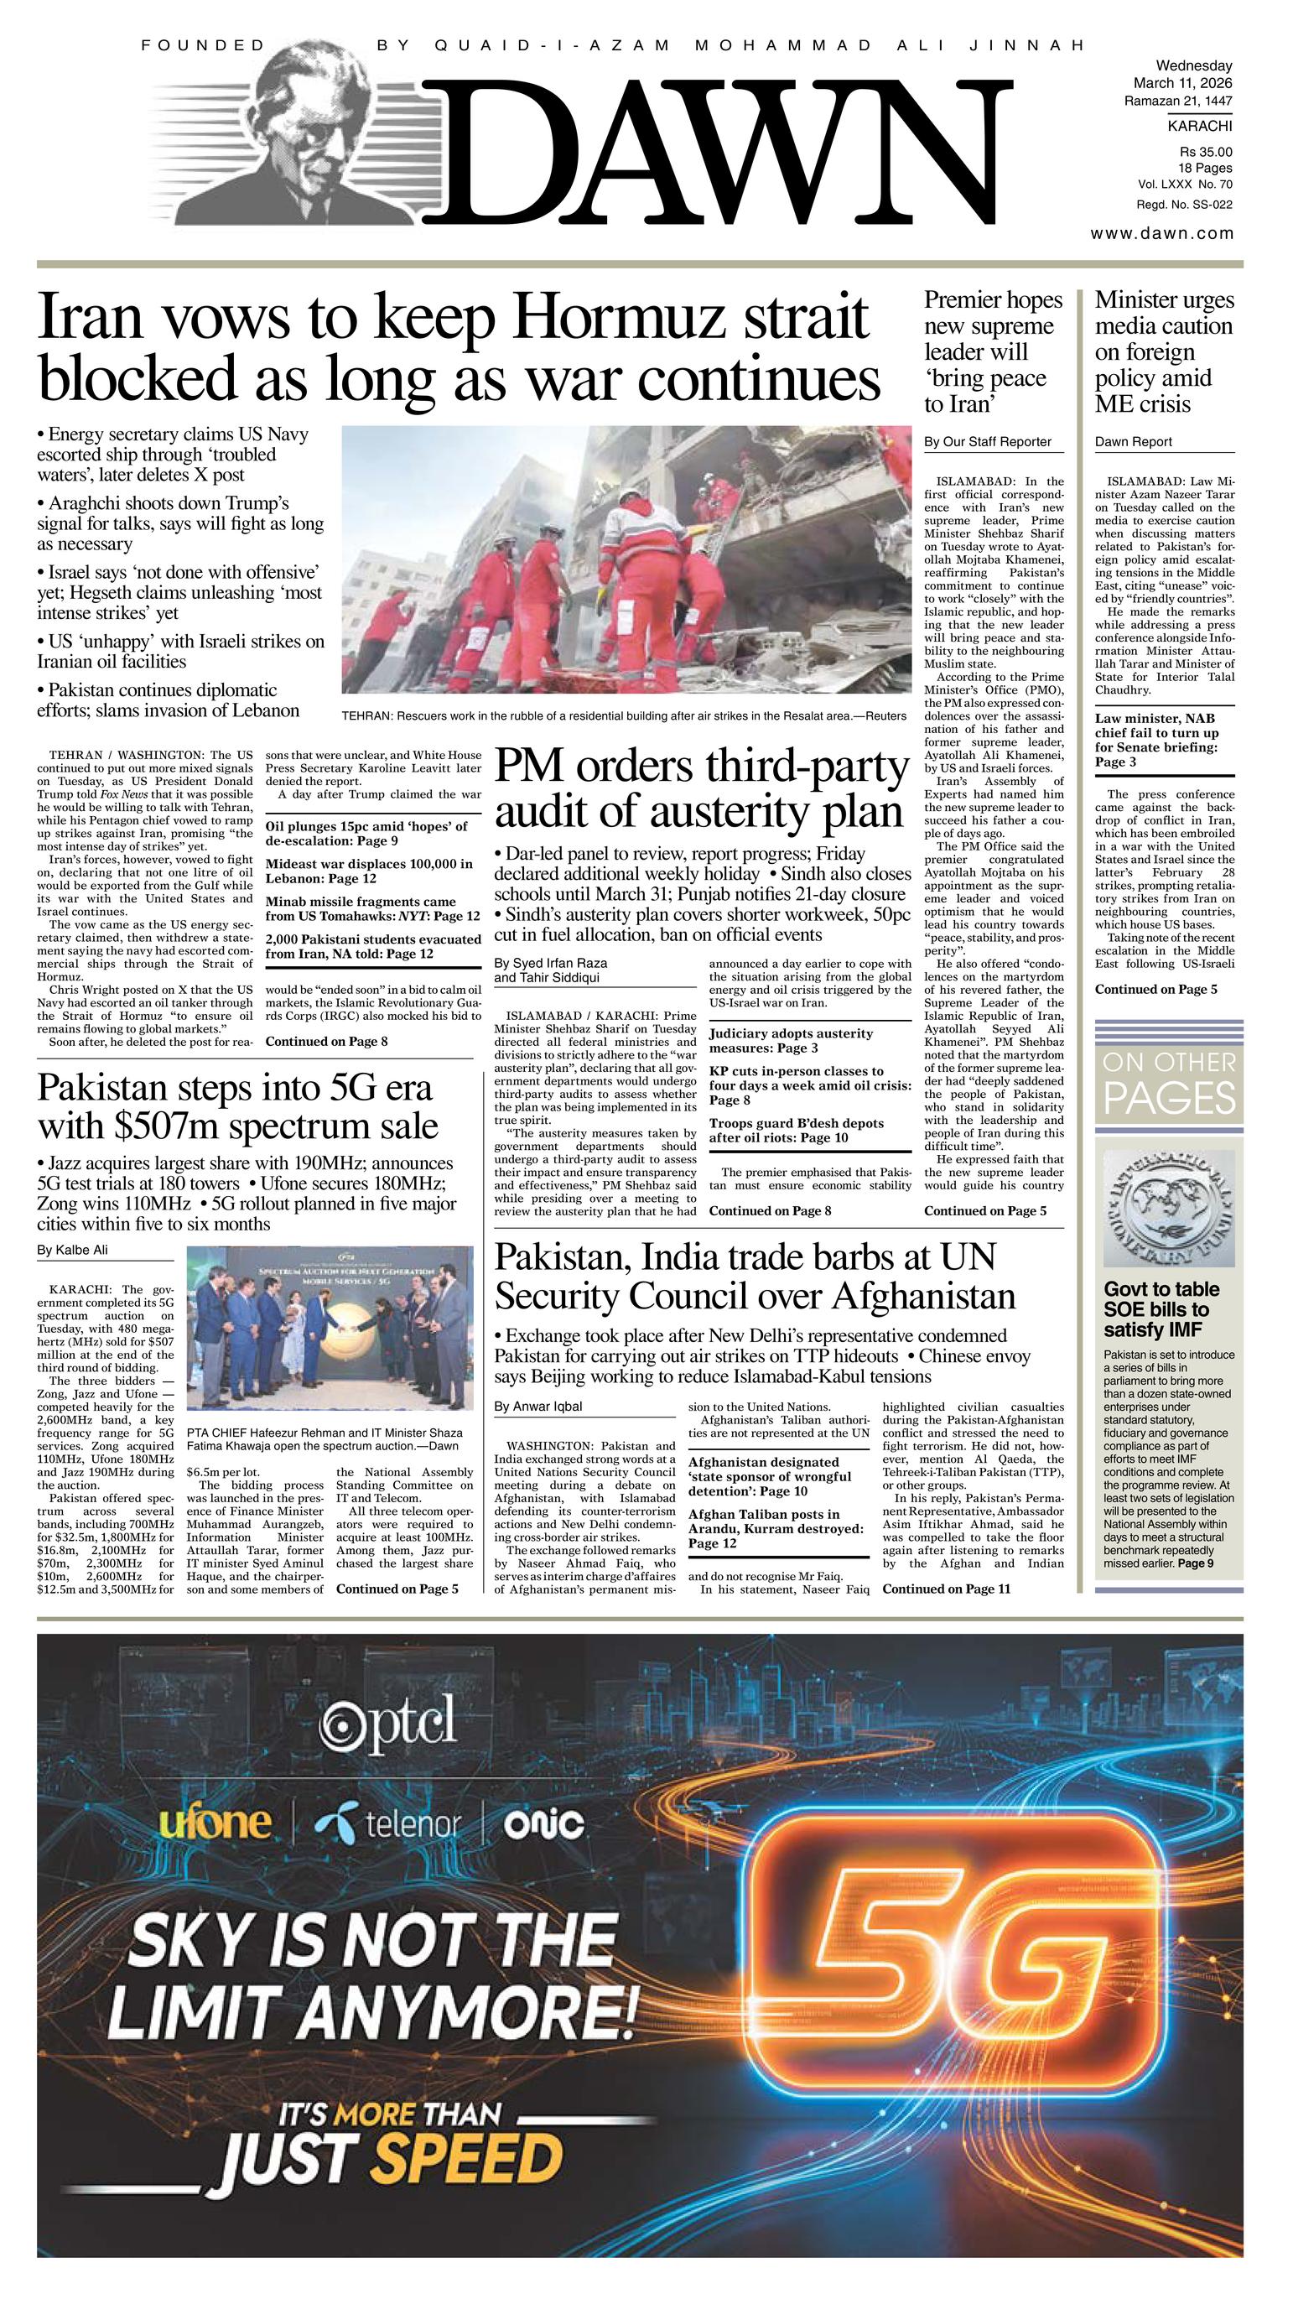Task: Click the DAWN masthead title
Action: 714,152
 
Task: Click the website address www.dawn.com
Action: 1161,234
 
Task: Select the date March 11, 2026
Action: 1182,83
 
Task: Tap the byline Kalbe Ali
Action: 72,1250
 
